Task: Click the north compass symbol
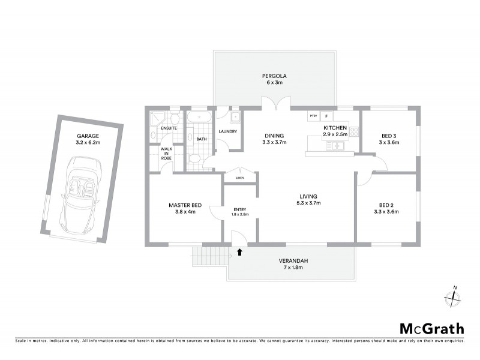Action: pyautogui.click(x=451, y=298)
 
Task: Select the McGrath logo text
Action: pyautogui.click(x=431, y=328)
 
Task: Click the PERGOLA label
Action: pyautogui.click(x=274, y=76)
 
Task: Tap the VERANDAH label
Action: pyautogui.click(x=293, y=261)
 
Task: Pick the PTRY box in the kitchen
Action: pyautogui.click(x=313, y=115)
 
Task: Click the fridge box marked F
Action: pyautogui.click(x=326, y=115)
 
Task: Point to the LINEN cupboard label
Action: pyautogui.click(x=240, y=178)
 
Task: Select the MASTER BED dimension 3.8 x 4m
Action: pyautogui.click(x=183, y=212)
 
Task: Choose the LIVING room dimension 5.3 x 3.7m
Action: pyautogui.click(x=308, y=203)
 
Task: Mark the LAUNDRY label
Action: pyautogui.click(x=228, y=131)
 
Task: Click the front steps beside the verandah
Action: pyautogui.click(x=209, y=257)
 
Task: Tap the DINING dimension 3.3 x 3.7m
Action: pyautogui.click(x=274, y=143)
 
